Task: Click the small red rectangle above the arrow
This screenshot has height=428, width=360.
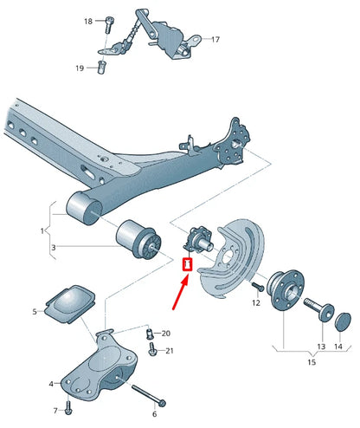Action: [186, 263]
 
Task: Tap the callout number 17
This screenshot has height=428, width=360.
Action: [215, 40]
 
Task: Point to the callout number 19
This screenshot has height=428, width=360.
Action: [80, 68]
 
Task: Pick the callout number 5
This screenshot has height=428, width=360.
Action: [35, 311]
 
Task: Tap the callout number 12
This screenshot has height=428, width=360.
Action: [256, 303]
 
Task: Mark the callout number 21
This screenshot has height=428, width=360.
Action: [169, 351]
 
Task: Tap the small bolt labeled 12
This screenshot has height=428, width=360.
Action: [257, 286]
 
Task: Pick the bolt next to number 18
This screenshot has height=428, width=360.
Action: [108, 23]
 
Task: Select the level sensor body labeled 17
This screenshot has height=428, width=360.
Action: [184, 42]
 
